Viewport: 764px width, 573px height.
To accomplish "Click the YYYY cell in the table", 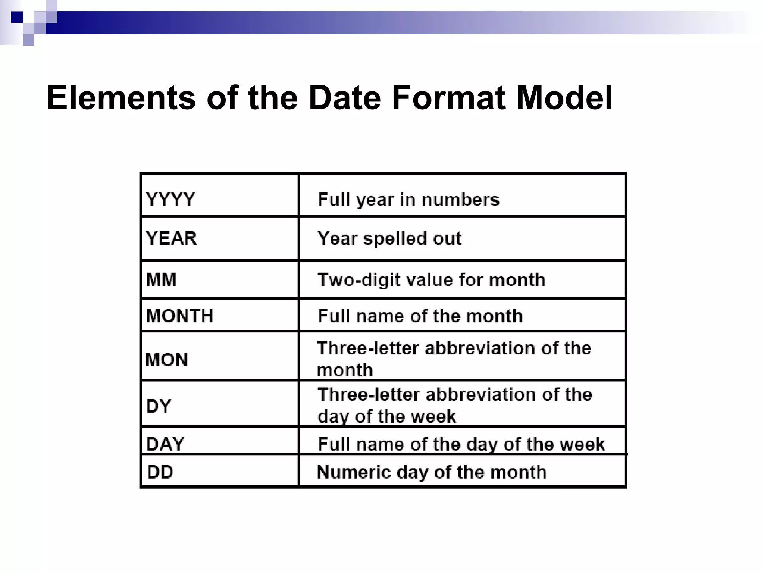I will [x=170, y=199].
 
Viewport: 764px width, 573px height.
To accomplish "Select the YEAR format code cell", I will [x=171, y=238].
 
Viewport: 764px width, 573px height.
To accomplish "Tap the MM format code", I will [x=161, y=279].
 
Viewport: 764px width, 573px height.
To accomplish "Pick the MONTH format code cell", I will [x=180, y=316].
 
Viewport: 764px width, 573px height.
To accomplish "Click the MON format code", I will [x=166, y=360].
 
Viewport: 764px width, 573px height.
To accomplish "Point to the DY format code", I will [x=159, y=406].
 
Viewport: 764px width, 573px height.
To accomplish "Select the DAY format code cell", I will [x=165, y=444].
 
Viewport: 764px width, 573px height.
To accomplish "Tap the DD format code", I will [x=160, y=472].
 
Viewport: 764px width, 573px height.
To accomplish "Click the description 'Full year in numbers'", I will [x=408, y=200].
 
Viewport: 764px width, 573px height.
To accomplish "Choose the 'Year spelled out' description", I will [x=389, y=238].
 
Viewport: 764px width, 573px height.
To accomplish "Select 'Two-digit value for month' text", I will [x=431, y=280].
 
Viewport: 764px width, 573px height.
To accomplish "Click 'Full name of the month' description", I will [x=420, y=316].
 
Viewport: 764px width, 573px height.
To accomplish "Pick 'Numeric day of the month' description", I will [x=432, y=472].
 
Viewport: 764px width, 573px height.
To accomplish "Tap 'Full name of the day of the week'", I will [x=461, y=444].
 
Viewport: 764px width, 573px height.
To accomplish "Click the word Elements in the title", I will [x=121, y=98].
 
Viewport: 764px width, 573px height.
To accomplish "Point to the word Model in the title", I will [x=564, y=98].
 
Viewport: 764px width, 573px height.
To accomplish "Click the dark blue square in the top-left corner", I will [x=17, y=17].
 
